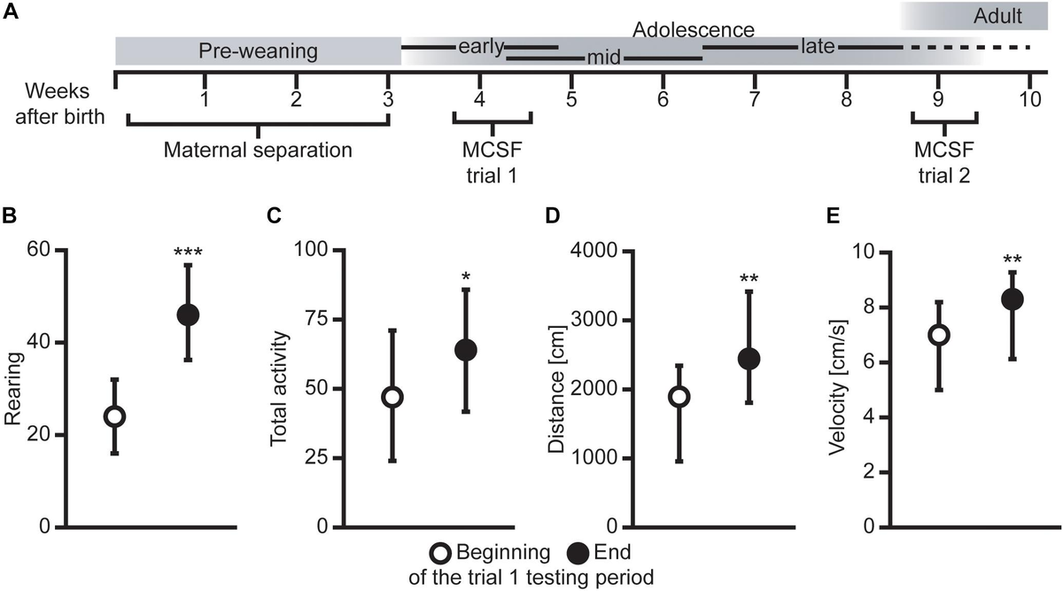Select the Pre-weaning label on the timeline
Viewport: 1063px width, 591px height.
coord(257,51)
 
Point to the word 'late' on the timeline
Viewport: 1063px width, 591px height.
coord(817,46)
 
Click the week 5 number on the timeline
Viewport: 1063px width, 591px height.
coord(571,97)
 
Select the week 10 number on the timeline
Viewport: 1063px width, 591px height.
coord(1028,97)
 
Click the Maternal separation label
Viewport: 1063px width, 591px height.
coord(258,150)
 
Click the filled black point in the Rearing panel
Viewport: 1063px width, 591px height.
coord(188,315)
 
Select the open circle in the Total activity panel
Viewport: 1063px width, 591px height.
coord(392,397)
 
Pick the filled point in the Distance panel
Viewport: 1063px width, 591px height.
coord(749,358)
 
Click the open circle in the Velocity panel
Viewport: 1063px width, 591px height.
coord(939,335)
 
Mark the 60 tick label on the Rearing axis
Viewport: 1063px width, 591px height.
coord(39,251)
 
